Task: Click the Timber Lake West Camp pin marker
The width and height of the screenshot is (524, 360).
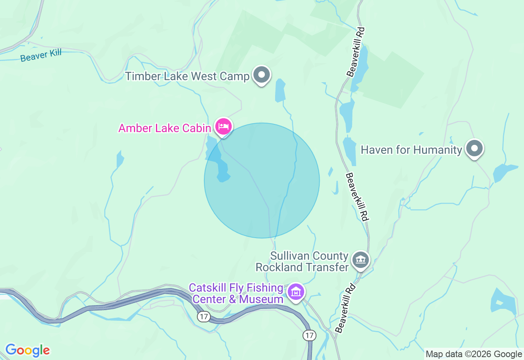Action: (x=261, y=75)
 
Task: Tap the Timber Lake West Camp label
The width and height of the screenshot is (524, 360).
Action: (x=187, y=76)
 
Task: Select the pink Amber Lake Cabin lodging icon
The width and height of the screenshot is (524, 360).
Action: (x=223, y=126)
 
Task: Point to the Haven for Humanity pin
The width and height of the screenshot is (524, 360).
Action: (x=474, y=149)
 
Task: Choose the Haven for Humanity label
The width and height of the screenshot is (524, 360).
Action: (x=411, y=150)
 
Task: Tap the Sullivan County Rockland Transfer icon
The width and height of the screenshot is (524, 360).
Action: (x=361, y=260)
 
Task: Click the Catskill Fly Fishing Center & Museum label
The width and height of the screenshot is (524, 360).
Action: (x=236, y=294)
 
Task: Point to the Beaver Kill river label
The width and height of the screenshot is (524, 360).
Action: (x=41, y=55)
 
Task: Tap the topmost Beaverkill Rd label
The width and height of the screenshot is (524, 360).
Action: (x=355, y=52)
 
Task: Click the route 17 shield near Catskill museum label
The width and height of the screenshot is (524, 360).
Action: (x=203, y=316)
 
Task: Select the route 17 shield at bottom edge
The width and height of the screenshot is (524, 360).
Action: (x=309, y=335)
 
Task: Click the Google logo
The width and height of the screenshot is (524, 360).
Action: (x=27, y=350)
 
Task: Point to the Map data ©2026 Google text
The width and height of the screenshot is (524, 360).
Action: (x=474, y=354)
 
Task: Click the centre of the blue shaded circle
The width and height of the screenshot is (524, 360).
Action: (x=262, y=180)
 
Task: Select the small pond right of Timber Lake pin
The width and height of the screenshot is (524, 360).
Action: (x=280, y=90)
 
